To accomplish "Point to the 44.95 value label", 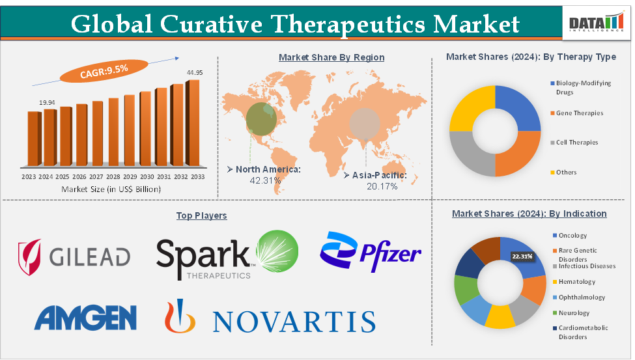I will (x=195, y=72).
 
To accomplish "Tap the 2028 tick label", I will (x=113, y=176).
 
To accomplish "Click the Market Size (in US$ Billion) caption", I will (x=111, y=189).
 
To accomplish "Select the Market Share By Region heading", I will (x=332, y=57).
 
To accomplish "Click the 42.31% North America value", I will (x=266, y=180).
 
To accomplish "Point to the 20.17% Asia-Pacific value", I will (x=380, y=186).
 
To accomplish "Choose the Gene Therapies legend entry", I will (x=579, y=113).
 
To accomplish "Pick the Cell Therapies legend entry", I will (x=576, y=143).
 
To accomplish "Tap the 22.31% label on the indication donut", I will (x=522, y=256).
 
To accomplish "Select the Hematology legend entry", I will (x=576, y=282).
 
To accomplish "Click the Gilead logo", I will (x=74, y=256).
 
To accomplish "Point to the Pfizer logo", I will (x=370, y=253).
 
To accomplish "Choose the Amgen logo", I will (x=85, y=318).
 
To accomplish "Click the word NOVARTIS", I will (x=294, y=321).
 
